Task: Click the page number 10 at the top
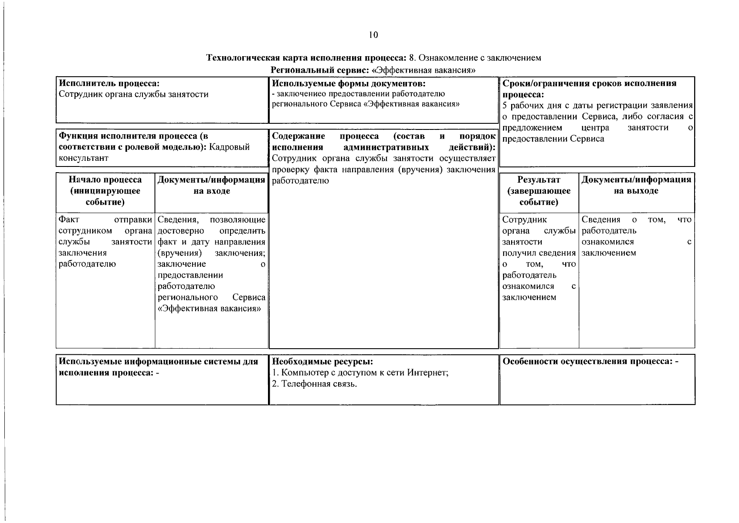click(x=373, y=35)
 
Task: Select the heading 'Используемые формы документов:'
click(x=348, y=83)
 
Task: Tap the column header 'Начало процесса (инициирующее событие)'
click(x=105, y=191)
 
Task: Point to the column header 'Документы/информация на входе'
click(x=211, y=185)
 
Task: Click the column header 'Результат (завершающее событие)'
click(x=539, y=191)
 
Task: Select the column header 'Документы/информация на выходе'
click(x=636, y=185)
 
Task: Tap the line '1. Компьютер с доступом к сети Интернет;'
click(x=360, y=373)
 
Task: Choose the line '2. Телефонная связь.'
click(x=314, y=384)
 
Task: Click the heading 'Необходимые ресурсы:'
click(x=322, y=362)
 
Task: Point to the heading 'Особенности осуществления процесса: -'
click(x=590, y=362)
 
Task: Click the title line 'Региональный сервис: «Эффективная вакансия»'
click(x=373, y=70)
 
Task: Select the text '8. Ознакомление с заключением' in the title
click(x=475, y=58)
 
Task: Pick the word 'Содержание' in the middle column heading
click(x=298, y=136)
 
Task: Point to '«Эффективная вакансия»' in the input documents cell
click(x=210, y=309)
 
